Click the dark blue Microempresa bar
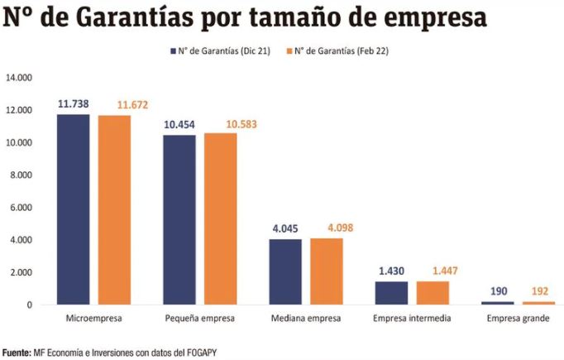(x=73, y=209)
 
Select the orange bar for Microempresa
(x=114, y=210)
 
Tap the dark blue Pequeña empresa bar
(x=179, y=219)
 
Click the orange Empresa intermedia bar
(x=433, y=293)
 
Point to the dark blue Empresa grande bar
(x=497, y=303)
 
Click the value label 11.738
(x=73, y=104)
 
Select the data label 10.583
(x=220, y=124)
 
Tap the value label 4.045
(x=285, y=229)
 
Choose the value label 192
(x=538, y=292)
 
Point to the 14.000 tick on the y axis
(x=18, y=78)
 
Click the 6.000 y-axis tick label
(x=20, y=208)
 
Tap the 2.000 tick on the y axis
(x=20, y=272)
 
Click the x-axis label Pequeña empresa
(x=199, y=318)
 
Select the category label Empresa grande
(x=517, y=318)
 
